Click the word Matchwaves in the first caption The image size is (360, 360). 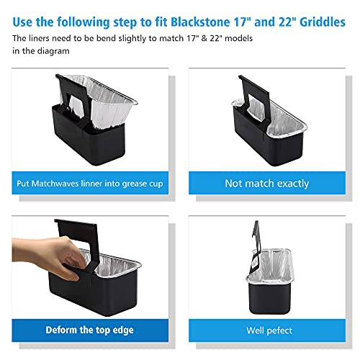(x=66, y=183)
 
